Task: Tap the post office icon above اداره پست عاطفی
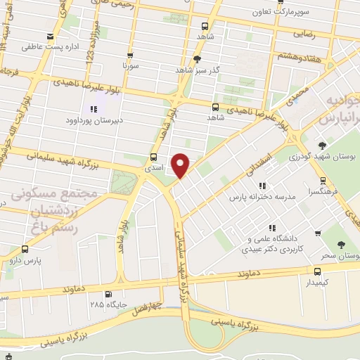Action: coord(49,37)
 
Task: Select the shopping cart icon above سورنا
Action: coord(130,55)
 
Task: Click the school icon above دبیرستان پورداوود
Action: coord(94,108)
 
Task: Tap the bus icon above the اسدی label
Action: coord(154,157)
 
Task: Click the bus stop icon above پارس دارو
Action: coord(26,249)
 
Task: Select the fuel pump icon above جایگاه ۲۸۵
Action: coord(108,294)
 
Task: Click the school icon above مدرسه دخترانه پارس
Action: coord(262,186)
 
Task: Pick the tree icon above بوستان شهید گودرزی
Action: coord(323,145)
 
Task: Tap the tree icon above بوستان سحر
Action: coord(341,245)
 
